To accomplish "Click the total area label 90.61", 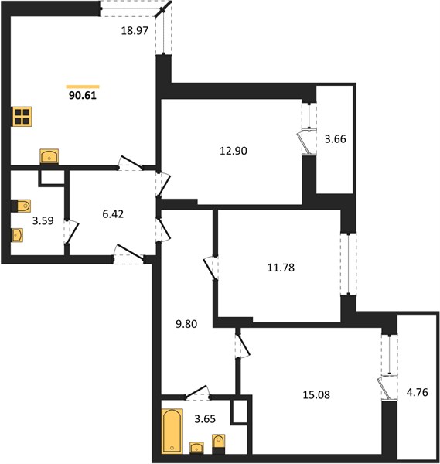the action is (x=83, y=96).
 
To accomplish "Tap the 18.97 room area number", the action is (x=135, y=30).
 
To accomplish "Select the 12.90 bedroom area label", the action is (x=234, y=151).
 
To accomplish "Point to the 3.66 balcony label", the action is (x=336, y=138).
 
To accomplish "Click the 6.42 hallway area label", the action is (x=113, y=214).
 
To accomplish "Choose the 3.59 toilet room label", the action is (x=43, y=220).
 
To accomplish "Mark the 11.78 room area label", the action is (x=281, y=268).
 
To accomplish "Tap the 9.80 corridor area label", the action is (x=186, y=324).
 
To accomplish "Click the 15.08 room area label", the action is (x=316, y=394).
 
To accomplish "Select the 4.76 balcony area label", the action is (x=418, y=392).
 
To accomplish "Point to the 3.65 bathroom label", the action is (x=205, y=419).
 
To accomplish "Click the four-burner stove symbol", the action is (x=22, y=116).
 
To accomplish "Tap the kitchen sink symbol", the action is (x=49, y=156).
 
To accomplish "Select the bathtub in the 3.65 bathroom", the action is (x=172, y=431).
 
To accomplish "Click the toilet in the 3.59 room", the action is (x=22, y=206).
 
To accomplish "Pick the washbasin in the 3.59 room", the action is (x=17, y=235).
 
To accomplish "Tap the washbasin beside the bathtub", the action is (x=196, y=448).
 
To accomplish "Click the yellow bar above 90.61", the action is (x=83, y=87).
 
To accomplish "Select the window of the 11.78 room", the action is (x=349, y=264).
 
